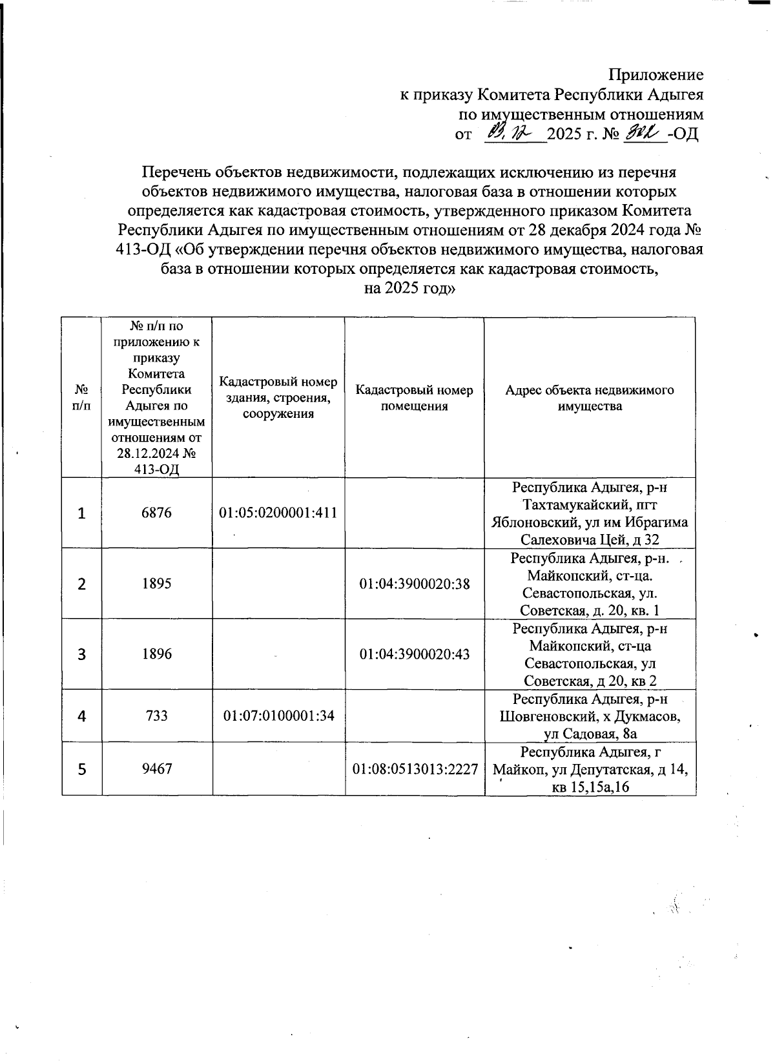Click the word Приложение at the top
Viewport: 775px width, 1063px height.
click(x=657, y=74)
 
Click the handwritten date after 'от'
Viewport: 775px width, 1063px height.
click(x=508, y=134)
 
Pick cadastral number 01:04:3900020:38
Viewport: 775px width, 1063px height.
click(x=415, y=584)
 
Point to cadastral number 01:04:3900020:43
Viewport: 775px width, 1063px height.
click(x=415, y=654)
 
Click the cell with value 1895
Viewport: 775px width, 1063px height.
click(x=157, y=584)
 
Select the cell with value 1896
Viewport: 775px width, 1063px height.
click(x=157, y=654)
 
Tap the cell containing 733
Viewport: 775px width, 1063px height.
click(x=157, y=716)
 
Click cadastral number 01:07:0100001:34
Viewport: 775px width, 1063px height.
click(x=278, y=716)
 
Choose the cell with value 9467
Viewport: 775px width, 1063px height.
click(x=157, y=769)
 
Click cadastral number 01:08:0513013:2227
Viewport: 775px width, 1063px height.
click(x=415, y=769)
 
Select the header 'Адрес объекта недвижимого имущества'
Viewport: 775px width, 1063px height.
click(x=590, y=398)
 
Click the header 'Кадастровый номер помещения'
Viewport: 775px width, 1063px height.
click(x=414, y=398)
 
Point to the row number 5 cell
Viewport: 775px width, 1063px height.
click(x=82, y=769)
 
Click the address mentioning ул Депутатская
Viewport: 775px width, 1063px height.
click(x=590, y=769)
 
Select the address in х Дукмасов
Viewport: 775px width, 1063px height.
click(x=590, y=716)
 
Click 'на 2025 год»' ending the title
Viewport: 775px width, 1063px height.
click(x=410, y=289)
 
